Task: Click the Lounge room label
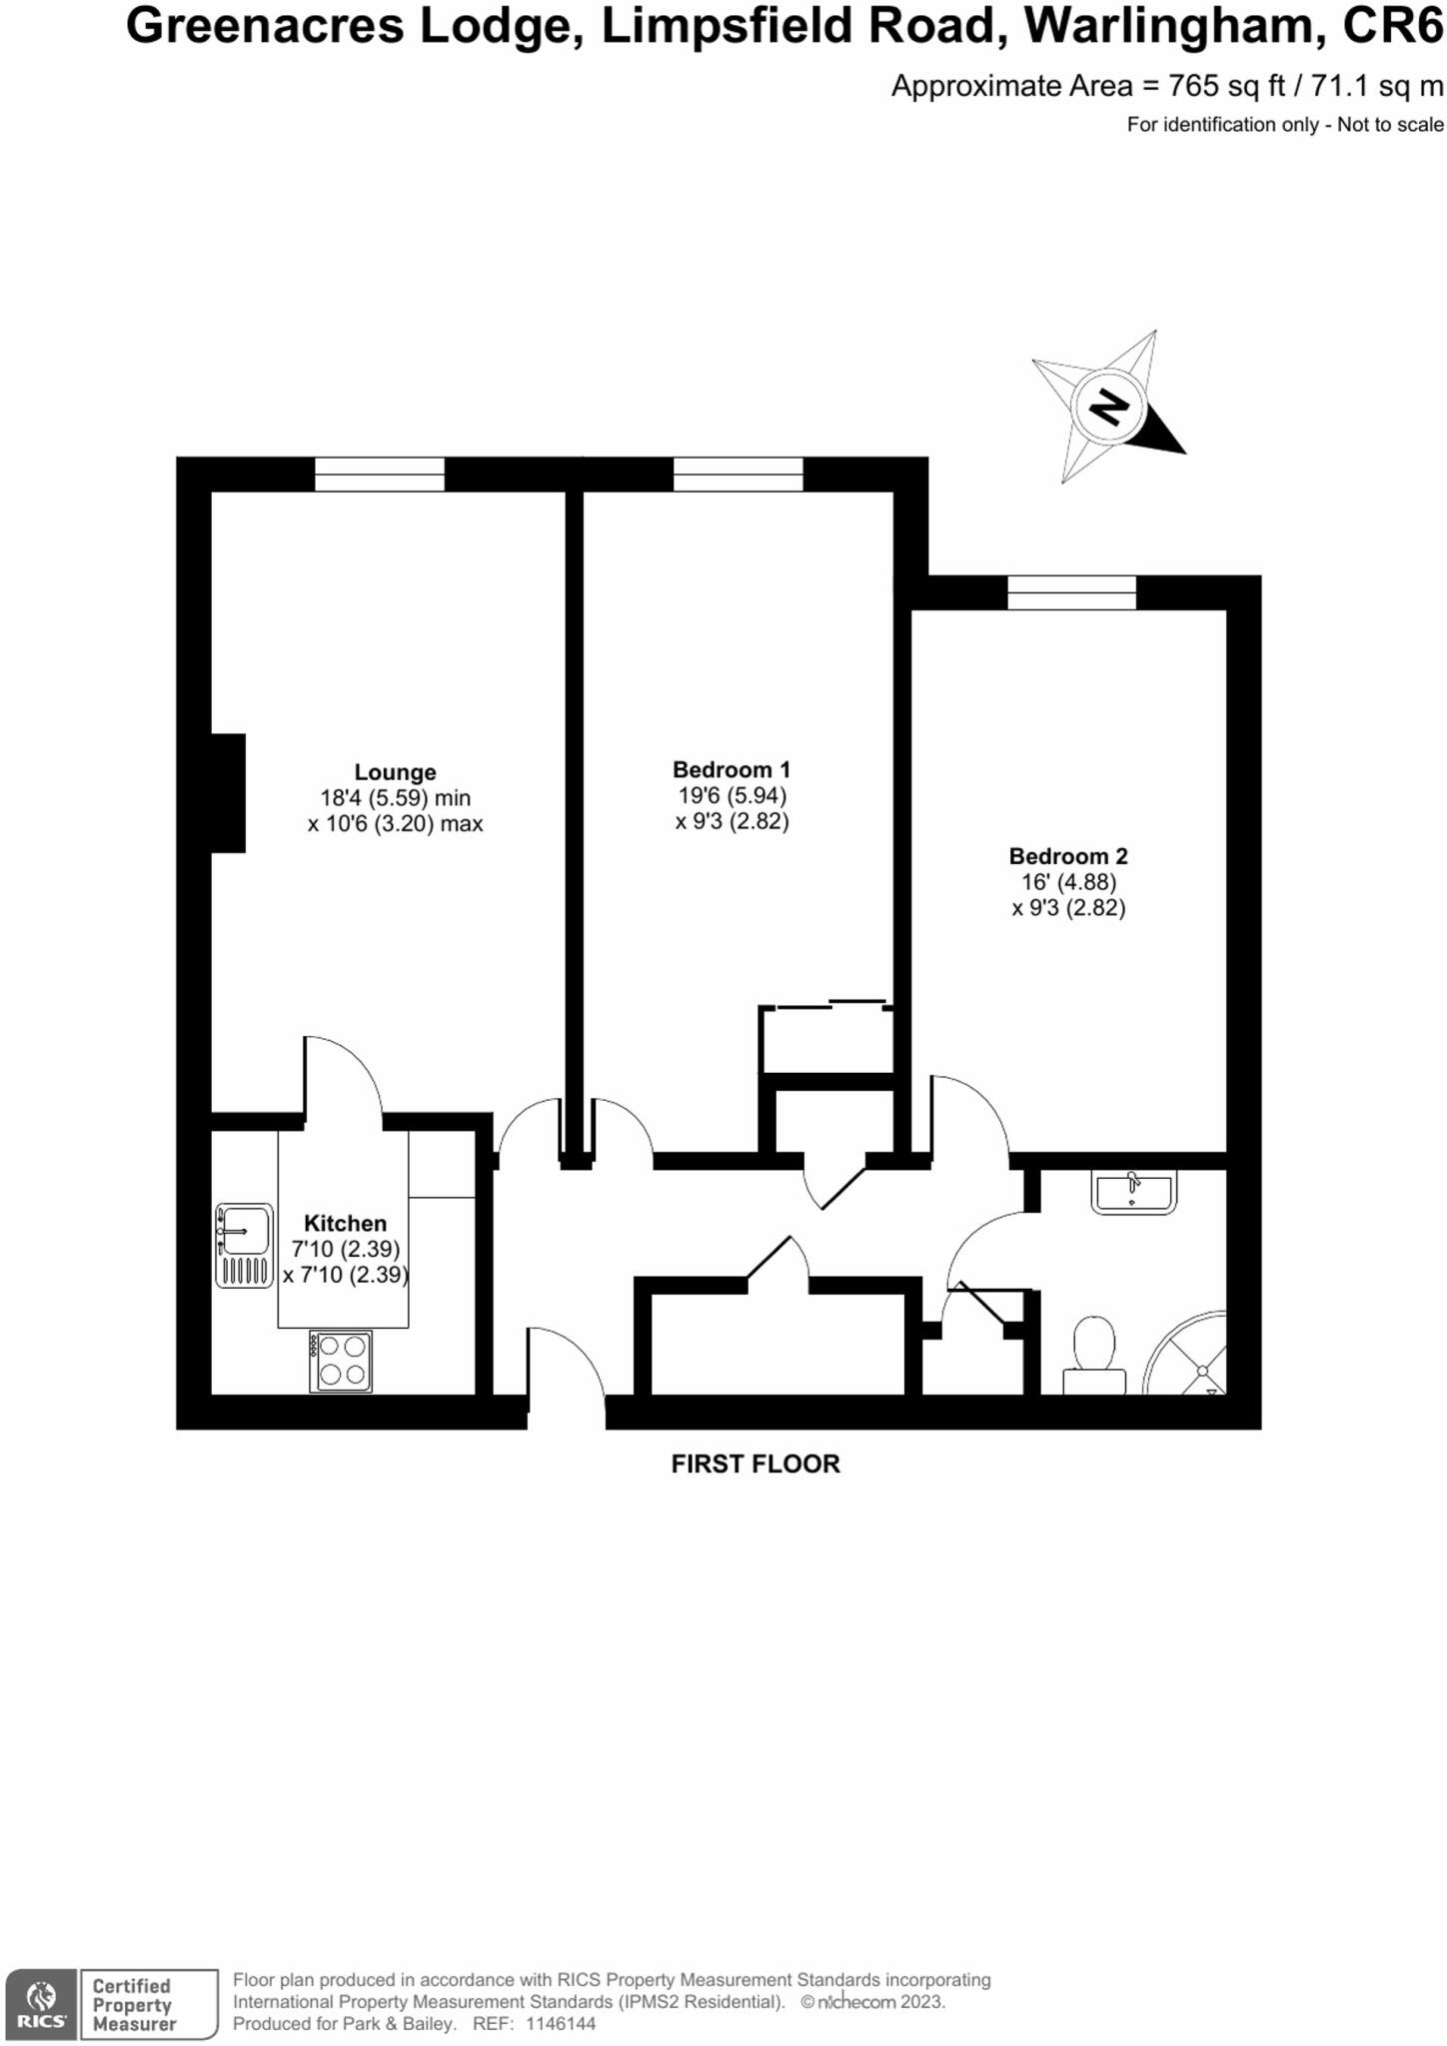coord(395,772)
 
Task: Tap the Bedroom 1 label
coord(730,769)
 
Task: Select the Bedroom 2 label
coord(1067,856)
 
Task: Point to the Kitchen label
coord(345,1223)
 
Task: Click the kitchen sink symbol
coord(244,1244)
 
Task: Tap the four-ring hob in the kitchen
coord(341,1361)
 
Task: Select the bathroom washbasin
coord(1133,1192)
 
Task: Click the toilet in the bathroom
coord(1094,1353)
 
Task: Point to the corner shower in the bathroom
coord(1189,1357)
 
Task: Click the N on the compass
coord(1107,407)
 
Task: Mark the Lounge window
coord(380,474)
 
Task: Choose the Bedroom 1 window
coord(737,474)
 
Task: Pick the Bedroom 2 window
coord(1071,592)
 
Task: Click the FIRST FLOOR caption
coord(755,1464)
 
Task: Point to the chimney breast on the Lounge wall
coord(228,793)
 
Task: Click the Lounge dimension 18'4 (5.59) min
coord(395,798)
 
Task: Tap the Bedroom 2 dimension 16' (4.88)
coord(1067,882)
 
